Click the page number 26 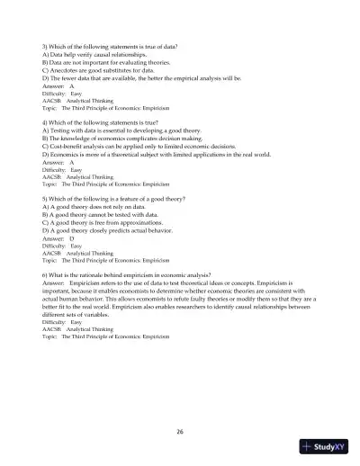click(180, 432)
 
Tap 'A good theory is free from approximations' click(104, 221)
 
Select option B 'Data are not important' click(107, 59)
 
